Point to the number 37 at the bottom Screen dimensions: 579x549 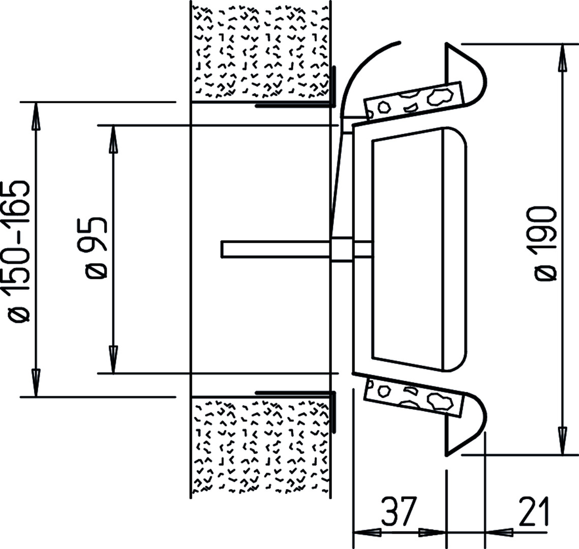tap(399, 511)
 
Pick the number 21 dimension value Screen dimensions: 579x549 tap(534, 511)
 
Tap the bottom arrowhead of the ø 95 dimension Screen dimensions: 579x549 tap(114, 360)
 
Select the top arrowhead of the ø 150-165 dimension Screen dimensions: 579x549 tap(36, 116)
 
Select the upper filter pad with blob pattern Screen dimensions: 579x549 tap(413, 101)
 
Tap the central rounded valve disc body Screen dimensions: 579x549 tap(419, 249)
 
